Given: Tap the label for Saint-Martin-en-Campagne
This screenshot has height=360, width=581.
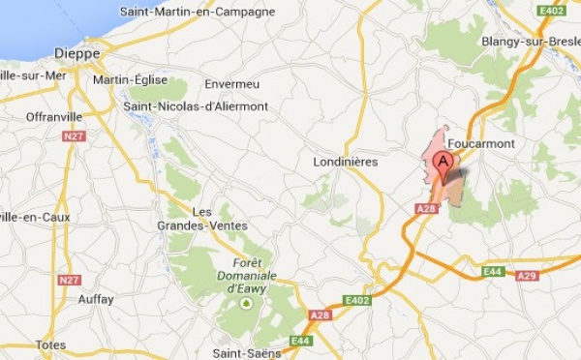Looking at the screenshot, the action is coord(198,12).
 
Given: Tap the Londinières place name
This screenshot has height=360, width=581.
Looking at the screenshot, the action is coord(346,162).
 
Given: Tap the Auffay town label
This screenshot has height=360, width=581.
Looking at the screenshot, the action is coord(96,299).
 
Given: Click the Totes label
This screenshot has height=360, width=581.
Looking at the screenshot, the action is coord(50,345).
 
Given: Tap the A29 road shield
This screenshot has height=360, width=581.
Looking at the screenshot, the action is coord(527,277).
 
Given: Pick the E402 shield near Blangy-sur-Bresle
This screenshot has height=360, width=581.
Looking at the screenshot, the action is coord(550,11).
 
